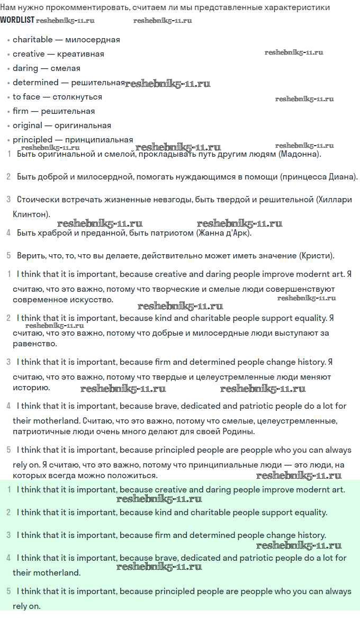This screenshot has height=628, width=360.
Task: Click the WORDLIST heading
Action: pyautogui.click(x=17, y=20)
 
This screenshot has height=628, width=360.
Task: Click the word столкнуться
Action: pyautogui.click(x=77, y=97)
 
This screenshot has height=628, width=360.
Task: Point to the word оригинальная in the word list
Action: pyautogui.click(x=83, y=125)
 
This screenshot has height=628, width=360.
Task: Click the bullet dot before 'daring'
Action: pyautogui.click(x=8, y=69)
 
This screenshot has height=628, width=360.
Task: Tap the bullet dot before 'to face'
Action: pyautogui.click(x=8, y=97)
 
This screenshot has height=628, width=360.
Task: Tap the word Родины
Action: pyautogui.click(x=239, y=432)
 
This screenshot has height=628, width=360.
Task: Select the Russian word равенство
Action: pyautogui.click(x=35, y=344)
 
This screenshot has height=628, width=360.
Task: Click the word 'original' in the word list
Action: pyautogui.click(x=28, y=125)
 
